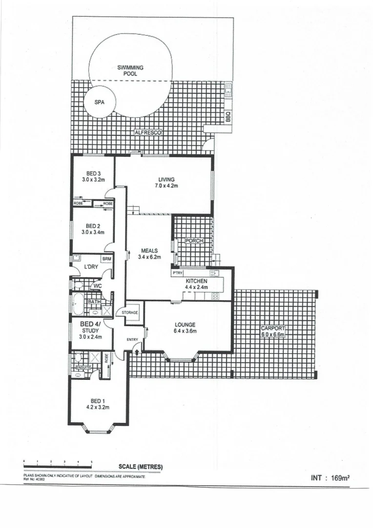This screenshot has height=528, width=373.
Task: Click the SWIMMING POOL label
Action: [130, 70]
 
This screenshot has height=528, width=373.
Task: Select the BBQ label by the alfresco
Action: [228, 118]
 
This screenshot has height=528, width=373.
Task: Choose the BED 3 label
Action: [93, 174]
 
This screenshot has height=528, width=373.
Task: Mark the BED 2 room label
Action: [93, 226]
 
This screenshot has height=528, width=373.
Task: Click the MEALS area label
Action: [149, 250]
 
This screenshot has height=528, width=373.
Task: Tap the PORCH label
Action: [194, 241]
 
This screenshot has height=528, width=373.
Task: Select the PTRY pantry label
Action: [177, 273]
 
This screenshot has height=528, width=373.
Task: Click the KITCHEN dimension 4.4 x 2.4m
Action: [197, 287]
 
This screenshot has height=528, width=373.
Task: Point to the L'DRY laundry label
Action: [91, 266]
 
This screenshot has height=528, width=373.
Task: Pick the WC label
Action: [98, 286]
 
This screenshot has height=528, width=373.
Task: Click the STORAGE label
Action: [130, 312]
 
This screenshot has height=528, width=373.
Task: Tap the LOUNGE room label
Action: [186, 325]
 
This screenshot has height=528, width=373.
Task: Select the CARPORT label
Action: [273, 329]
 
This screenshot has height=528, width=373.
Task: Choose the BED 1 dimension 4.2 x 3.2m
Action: [97, 407]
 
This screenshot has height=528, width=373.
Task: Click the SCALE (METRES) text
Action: [141, 467]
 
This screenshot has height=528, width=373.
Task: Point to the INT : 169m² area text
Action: [330, 479]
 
